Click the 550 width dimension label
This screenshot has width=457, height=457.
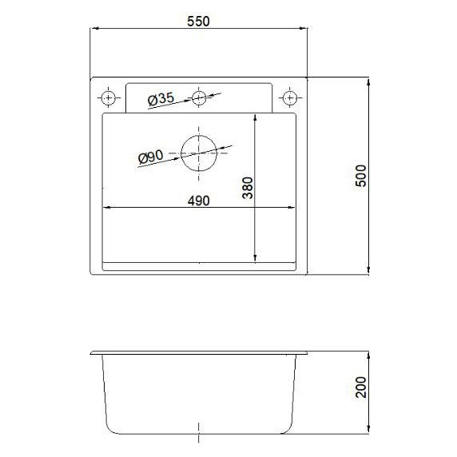[x=198, y=22]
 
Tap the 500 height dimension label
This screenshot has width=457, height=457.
[x=361, y=176]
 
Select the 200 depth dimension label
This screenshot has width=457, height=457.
[x=361, y=387]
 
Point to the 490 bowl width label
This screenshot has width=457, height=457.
[x=198, y=201]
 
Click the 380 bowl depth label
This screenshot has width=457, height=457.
[x=248, y=188]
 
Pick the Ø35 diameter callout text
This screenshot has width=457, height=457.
[x=161, y=99]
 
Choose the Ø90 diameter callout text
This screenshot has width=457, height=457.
[x=151, y=157]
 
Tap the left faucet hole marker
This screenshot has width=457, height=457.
[x=109, y=97]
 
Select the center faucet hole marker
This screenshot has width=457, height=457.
[x=199, y=97]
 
